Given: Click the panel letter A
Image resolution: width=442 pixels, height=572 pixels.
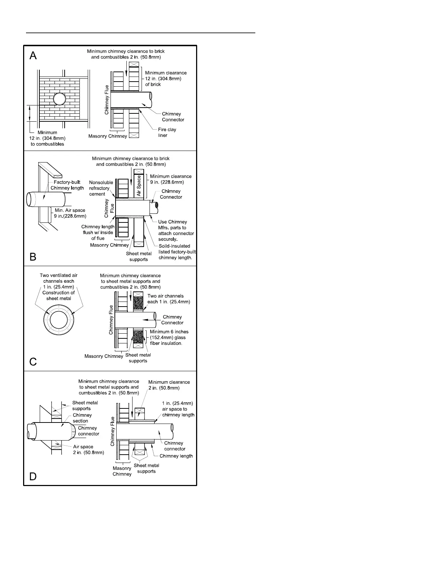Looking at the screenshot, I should [33, 56].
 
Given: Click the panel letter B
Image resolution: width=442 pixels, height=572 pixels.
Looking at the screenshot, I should [33, 257].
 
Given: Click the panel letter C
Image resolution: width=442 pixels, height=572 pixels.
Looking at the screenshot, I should [33, 361].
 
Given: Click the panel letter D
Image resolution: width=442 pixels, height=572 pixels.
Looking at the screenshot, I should [33, 476].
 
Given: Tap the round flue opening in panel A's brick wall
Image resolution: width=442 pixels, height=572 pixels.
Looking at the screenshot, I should [60, 99].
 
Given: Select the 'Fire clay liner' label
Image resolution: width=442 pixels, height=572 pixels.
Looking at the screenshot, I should [167, 133].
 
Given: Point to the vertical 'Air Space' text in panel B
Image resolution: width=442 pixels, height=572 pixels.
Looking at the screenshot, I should [139, 186].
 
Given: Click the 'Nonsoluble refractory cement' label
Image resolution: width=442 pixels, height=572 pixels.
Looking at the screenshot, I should [101, 188].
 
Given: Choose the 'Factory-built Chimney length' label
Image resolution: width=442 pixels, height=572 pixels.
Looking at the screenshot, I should [67, 185].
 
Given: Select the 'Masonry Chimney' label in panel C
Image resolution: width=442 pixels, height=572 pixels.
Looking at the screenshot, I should [104, 356].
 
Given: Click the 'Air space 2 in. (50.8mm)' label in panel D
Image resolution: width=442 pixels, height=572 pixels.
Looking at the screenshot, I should [88, 450].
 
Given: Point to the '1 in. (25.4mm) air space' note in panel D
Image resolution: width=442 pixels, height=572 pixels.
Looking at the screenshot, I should [178, 409].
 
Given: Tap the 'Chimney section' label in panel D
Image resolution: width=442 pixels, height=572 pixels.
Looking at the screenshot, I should [82, 418].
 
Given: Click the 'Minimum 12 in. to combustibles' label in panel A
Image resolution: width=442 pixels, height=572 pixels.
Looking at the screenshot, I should [47, 138].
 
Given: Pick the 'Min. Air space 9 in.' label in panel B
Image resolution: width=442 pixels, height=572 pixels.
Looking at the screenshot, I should [70, 213].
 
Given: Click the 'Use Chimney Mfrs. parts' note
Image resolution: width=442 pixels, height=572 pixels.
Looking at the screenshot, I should [175, 230].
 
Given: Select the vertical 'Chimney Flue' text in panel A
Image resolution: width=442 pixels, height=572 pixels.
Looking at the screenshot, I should [107, 100].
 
